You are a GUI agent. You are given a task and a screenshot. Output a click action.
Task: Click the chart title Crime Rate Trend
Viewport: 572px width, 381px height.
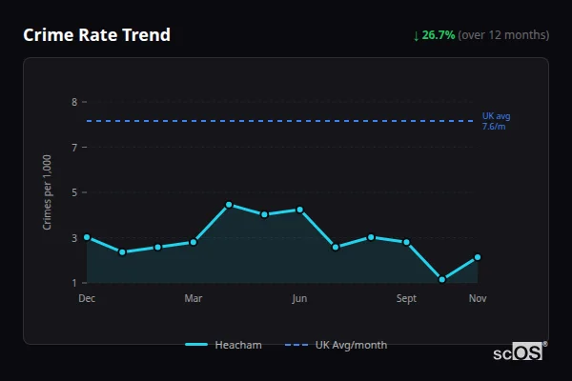[x=96, y=35]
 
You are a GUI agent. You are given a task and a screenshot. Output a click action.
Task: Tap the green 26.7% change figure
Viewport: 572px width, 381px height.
[x=439, y=35]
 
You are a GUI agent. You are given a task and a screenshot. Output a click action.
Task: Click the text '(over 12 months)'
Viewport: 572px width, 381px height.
[x=503, y=35]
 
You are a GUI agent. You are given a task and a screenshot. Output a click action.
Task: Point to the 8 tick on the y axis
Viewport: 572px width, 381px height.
[x=74, y=102]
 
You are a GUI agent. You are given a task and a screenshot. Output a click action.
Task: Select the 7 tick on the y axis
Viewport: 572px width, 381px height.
[x=74, y=148]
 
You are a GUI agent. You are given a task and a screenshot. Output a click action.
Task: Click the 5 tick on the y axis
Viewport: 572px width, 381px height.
[x=74, y=192]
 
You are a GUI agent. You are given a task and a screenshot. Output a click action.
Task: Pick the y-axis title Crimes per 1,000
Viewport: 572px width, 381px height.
[x=47, y=193]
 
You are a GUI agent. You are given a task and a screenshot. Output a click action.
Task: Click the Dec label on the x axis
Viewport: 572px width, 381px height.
[x=87, y=299]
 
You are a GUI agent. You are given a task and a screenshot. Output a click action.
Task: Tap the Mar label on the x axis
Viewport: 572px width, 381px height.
[x=194, y=299]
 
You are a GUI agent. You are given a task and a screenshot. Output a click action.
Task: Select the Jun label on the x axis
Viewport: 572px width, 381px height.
[x=299, y=299]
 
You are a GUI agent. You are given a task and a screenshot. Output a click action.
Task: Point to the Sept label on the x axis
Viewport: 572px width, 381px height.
[x=406, y=299]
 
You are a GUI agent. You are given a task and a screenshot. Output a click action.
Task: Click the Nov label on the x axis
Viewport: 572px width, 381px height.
[x=478, y=299]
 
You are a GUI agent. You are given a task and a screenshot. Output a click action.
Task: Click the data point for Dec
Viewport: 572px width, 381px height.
[x=87, y=237]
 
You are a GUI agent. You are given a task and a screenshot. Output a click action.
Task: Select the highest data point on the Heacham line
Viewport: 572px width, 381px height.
[x=229, y=205]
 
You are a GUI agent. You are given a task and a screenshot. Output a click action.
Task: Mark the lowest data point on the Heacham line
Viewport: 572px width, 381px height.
[x=442, y=280]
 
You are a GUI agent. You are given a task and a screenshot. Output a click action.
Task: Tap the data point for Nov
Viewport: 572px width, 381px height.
[x=478, y=257]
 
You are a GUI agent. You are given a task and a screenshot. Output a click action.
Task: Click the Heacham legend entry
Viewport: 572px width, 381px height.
[x=224, y=345]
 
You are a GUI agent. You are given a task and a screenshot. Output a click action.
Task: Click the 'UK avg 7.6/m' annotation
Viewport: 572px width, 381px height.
[x=496, y=121]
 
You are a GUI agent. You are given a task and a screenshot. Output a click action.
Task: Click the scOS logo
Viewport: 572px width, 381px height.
[x=520, y=352]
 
